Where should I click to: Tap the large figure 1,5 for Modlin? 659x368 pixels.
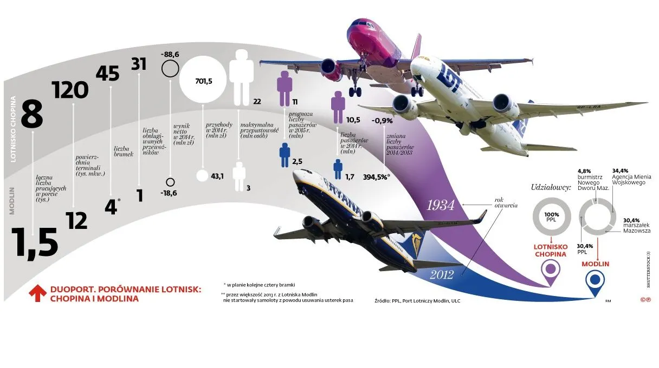[34, 242]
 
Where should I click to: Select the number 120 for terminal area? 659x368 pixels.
[71, 90]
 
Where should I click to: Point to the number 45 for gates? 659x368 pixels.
[107, 73]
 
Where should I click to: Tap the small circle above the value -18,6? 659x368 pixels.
[170, 182]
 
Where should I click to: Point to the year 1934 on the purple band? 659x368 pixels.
[441, 206]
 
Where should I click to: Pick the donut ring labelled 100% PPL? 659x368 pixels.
[552, 218]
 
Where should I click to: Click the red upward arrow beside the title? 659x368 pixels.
[37, 293]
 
